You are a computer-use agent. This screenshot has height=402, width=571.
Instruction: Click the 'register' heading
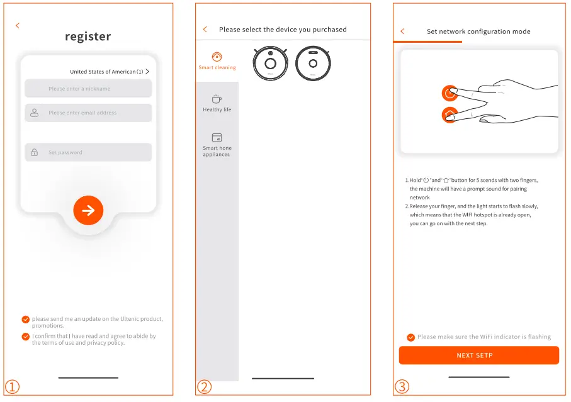pyautogui.click(x=88, y=36)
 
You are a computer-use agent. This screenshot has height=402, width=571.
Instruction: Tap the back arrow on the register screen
pyautogui.click(x=18, y=26)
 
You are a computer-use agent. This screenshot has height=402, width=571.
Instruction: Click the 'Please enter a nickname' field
pyautogui.click(x=88, y=89)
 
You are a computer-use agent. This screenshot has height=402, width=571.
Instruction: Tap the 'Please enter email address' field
pyautogui.click(x=88, y=113)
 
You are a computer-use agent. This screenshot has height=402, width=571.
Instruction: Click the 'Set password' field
pyautogui.click(x=88, y=152)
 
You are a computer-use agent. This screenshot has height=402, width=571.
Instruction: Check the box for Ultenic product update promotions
pyautogui.click(x=25, y=320)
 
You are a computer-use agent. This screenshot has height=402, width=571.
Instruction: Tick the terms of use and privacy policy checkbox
pyautogui.click(x=25, y=337)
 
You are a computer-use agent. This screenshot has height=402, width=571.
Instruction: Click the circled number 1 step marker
pyautogui.click(x=13, y=387)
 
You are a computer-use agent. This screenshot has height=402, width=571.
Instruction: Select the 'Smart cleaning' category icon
pyautogui.click(x=217, y=57)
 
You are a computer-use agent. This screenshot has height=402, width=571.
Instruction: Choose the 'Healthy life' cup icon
pyautogui.click(x=217, y=99)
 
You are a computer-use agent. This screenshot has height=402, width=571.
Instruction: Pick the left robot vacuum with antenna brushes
pyautogui.click(x=270, y=64)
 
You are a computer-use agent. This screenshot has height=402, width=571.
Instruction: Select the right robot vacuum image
pyautogui.click(x=313, y=64)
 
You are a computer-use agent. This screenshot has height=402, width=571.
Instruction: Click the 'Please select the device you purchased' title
pyautogui.click(x=283, y=30)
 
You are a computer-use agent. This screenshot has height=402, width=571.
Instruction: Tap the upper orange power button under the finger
pyautogui.click(x=449, y=94)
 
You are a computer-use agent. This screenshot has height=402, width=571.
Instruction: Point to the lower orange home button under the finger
pyautogui.click(x=449, y=115)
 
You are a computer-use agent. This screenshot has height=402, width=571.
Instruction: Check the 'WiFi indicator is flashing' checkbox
pyautogui.click(x=411, y=337)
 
